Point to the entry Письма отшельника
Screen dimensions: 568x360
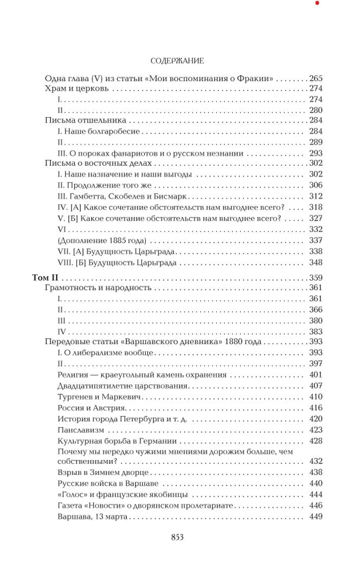(85, 120)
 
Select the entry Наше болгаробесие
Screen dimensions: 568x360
(99, 131)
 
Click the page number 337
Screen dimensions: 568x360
(315, 241)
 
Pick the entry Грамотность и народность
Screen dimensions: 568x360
(98, 288)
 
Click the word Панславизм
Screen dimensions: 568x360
(80, 430)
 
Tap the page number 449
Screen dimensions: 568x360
(315, 517)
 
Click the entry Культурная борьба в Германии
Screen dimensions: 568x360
(117, 441)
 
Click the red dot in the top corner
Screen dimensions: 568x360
(317, 3)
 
